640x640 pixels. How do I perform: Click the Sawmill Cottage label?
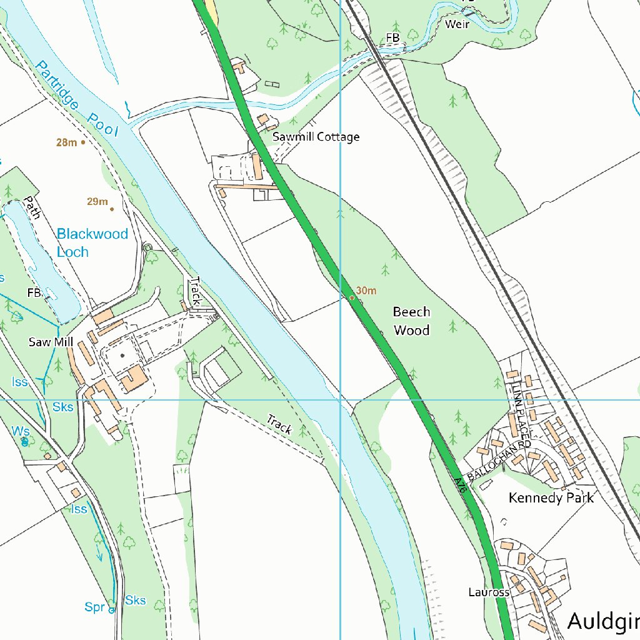(x=316, y=137)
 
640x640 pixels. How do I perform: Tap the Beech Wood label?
(x=411, y=321)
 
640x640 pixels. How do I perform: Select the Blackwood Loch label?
(x=92, y=242)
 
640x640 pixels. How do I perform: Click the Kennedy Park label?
(x=551, y=497)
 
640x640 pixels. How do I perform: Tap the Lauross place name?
(x=489, y=591)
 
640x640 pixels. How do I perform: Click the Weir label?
(x=457, y=24)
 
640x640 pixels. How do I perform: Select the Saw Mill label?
(x=51, y=342)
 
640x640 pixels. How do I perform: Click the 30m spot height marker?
(x=352, y=297)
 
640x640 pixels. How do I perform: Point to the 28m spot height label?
(x=66, y=142)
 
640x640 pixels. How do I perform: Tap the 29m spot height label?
(x=97, y=201)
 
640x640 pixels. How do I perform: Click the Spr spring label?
(x=94, y=606)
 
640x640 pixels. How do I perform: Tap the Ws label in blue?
(x=20, y=431)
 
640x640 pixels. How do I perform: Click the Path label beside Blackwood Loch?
(x=32, y=207)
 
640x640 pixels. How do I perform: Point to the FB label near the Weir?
(x=392, y=38)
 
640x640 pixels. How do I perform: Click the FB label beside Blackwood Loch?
(x=34, y=292)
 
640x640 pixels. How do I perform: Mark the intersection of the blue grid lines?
(x=340, y=399)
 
